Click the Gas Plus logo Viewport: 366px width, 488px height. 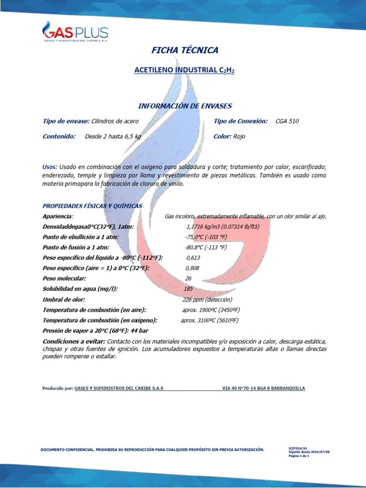click(x=75, y=32)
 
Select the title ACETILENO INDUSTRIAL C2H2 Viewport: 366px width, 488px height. click(x=185, y=70)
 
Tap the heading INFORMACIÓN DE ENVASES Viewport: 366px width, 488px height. click(x=185, y=105)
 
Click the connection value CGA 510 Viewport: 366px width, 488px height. click(x=287, y=122)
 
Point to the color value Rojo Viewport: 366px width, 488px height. click(x=239, y=137)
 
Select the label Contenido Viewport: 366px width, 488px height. click(x=59, y=137)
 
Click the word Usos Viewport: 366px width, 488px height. click(x=50, y=167)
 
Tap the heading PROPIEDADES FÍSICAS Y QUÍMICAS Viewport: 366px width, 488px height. click(x=92, y=206)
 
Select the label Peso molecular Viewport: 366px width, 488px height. click(x=64, y=278)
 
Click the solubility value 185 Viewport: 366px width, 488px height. click(x=188, y=289)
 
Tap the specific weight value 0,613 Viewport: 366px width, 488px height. click(x=193, y=258)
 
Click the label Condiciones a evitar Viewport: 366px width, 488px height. click(x=74, y=342)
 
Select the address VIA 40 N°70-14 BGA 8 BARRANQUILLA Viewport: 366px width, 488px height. click(x=264, y=388)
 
